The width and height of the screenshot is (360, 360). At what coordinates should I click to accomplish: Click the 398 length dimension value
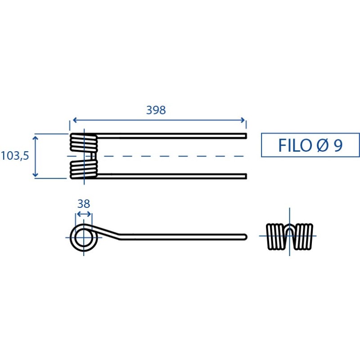coord(156,110)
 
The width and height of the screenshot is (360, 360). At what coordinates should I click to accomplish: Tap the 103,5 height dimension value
coord(15,156)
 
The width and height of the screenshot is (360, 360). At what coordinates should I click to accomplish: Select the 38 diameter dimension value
coord(84,204)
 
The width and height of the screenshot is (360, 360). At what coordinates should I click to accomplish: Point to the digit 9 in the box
coord(338,145)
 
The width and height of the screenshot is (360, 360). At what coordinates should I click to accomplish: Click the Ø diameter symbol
coord(322,145)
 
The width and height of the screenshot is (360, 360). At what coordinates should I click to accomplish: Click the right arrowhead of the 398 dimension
coord(243,120)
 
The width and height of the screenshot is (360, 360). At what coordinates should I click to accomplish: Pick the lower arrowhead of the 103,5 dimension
coord(35,174)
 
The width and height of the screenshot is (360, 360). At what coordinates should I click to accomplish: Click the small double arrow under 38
coord(84,214)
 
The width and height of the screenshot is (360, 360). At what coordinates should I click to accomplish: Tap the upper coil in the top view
coord(84,142)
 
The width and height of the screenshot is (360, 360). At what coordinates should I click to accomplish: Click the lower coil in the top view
coord(84,170)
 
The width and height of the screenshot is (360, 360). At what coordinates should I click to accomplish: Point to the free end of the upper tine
coord(246,136)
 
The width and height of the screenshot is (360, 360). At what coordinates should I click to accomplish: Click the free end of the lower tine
coord(246,176)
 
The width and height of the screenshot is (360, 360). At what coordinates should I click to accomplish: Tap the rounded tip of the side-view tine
coord(246,237)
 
